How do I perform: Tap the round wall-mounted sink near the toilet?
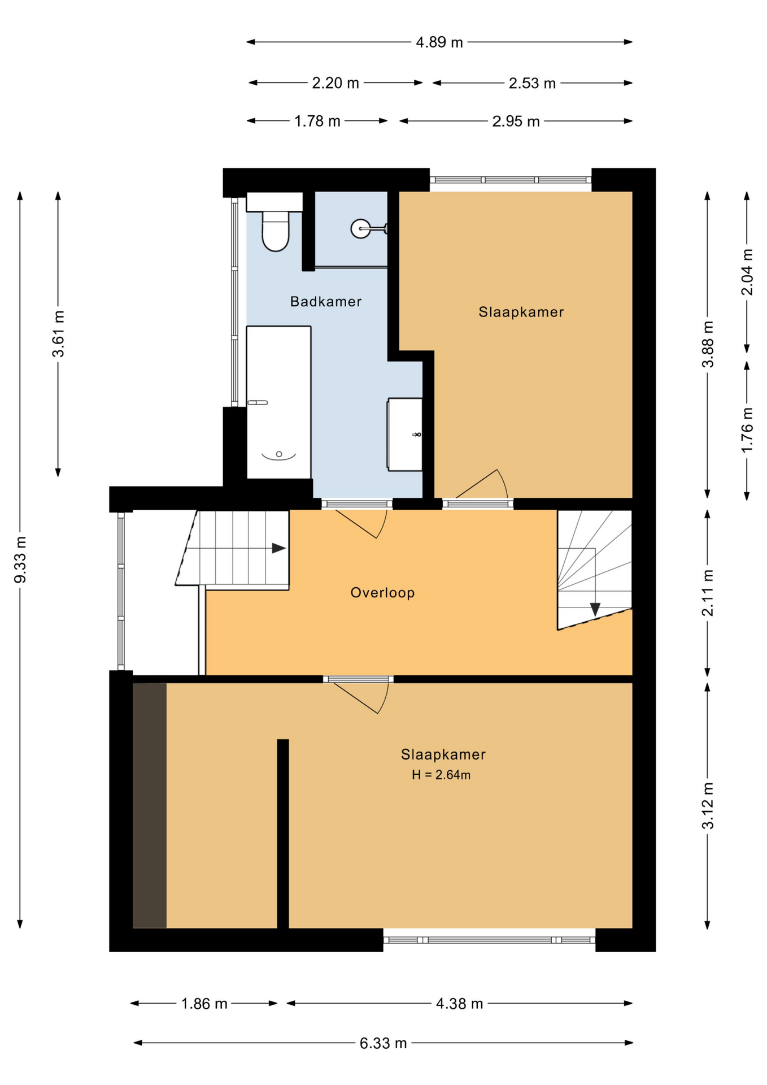click(x=361, y=228)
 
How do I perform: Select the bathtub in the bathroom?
click(x=278, y=402)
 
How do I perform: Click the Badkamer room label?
click(x=326, y=301)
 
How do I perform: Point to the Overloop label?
click(x=382, y=592)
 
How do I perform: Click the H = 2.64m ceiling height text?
click(x=441, y=775)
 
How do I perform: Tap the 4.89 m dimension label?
click(x=439, y=42)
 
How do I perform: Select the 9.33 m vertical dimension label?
click(x=20, y=559)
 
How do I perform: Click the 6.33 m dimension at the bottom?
click(x=383, y=1043)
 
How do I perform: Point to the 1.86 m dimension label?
click(x=204, y=1003)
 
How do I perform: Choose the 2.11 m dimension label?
click(x=707, y=593)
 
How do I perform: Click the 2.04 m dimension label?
click(x=747, y=272)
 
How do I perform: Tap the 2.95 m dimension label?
click(x=516, y=121)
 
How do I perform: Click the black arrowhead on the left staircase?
click(x=278, y=548)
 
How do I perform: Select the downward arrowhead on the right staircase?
click(x=595, y=609)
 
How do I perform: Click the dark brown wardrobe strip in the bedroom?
click(x=150, y=805)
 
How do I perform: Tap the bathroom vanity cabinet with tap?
click(x=405, y=435)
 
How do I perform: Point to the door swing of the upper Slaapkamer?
click(x=481, y=484)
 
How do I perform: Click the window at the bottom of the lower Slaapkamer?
click(x=489, y=940)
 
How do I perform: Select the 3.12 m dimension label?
click(x=707, y=806)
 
